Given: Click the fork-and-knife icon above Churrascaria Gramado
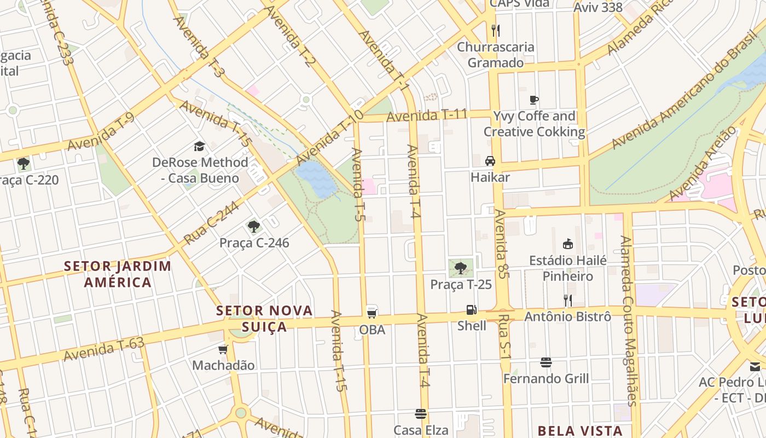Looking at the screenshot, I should (x=496, y=30).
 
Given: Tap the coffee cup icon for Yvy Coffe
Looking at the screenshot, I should (x=534, y=100).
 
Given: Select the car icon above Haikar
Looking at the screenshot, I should (x=490, y=161).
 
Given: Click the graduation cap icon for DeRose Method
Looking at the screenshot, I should (x=199, y=146).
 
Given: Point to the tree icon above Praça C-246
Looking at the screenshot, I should (x=253, y=226).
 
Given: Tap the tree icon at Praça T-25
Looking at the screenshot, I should (x=461, y=268).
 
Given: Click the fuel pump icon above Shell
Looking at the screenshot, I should (x=471, y=310).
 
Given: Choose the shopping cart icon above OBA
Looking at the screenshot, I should (x=372, y=313).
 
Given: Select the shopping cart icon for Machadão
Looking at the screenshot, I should (x=223, y=349).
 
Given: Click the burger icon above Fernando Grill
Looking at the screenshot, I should (x=546, y=362).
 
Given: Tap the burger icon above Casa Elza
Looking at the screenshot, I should (x=421, y=413).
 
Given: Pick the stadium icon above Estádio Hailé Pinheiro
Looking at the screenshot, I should (x=567, y=244).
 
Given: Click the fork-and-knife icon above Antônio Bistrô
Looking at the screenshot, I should (x=567, y=300).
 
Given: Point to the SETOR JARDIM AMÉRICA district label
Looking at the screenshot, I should (x=118, y=274).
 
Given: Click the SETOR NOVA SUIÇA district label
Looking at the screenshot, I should (x=265, y=319).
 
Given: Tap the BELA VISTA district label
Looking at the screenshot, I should (x=580, y=431).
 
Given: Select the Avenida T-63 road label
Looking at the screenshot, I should (x=103, y=349).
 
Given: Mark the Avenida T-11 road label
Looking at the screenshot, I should (x=427, y=116).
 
